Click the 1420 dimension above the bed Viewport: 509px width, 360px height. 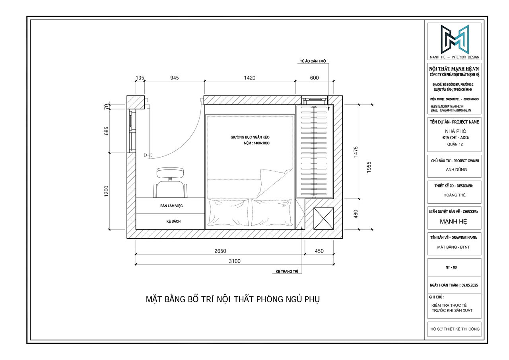[x=250, y=78]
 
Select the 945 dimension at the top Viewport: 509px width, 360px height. [x=174, y=78]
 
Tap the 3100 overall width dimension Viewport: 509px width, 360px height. [x=234, y=261]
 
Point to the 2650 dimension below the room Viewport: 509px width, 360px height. [x=220, y=251]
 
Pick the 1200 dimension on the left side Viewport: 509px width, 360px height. [x=106, y=191]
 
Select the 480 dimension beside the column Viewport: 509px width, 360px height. [x=356, y=214]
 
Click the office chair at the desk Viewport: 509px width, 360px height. [x=171, y=182]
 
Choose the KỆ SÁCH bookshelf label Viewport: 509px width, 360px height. [x=173, y=221]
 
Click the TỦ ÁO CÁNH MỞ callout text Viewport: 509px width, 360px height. [x=313, y=62]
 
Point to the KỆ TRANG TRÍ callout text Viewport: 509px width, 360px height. [x=287, y=272]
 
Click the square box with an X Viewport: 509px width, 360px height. [x=323, y=218]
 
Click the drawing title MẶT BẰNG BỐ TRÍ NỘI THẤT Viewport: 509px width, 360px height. [x=233, y=299]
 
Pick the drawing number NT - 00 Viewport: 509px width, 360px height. [x=454, y=268]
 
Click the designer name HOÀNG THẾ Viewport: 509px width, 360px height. [x=454, y=195]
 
